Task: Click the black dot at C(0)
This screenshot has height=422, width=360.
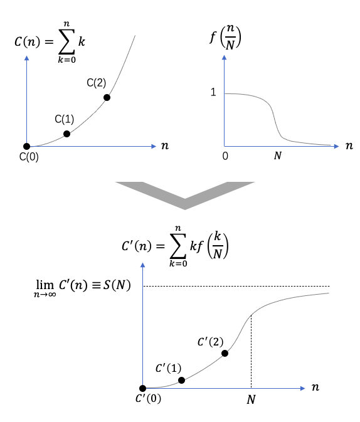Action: point(27,146)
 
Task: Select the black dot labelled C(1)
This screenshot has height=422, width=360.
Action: point(66,134)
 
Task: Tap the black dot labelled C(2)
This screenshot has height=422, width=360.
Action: point(107,97)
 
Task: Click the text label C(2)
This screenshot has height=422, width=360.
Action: point(97,83)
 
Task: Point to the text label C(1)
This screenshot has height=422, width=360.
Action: point(65,119)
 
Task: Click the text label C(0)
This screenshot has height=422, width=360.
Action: point(29,157)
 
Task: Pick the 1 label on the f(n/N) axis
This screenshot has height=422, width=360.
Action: point(213,92)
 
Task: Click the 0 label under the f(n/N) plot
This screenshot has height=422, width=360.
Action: point(225,156)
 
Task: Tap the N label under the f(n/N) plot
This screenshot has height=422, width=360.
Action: point(278,156)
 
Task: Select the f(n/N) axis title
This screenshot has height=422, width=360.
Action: point(225,37)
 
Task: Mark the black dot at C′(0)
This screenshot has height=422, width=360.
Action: point(143,388)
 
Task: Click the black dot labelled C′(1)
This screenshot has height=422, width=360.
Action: point(181,380)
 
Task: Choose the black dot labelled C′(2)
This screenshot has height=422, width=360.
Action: point(225,354)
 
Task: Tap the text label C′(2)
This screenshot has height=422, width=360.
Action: point(210,342)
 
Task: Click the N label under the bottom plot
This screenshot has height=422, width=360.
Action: point(251,399)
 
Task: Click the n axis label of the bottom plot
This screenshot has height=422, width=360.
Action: point(315,388)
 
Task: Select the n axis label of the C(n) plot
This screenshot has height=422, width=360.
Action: point(165,146)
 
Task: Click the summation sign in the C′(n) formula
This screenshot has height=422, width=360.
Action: point(178,245)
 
